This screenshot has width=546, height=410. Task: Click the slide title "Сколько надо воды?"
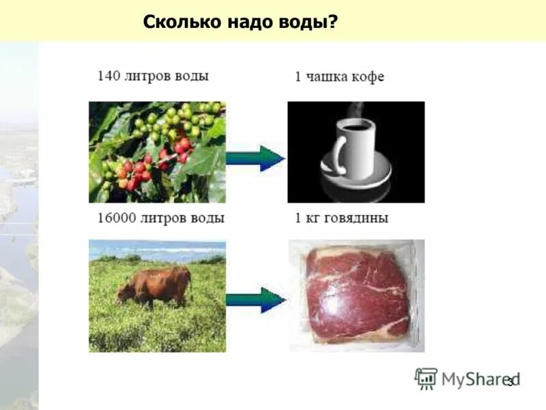[x=240, y=21]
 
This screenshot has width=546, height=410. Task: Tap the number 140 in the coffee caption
[x=109, y=76]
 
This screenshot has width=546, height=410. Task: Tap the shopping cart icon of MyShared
[x=426, y=379]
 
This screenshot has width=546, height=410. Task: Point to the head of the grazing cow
[x=124, y=292]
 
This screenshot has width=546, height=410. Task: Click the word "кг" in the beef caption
[x=311, y=219]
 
